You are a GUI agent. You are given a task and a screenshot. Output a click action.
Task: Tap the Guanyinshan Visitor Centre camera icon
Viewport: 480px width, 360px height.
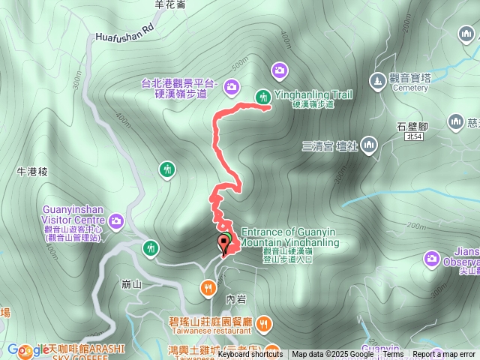click(x=116, y=220)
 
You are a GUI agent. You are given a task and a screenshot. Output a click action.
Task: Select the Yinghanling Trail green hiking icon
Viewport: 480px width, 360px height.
click(x=262, y=96)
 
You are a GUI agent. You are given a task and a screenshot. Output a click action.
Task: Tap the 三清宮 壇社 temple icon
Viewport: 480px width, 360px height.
click(x=368, y=145)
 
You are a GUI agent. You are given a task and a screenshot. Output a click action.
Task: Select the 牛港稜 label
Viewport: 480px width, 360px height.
click(x=32, y=172)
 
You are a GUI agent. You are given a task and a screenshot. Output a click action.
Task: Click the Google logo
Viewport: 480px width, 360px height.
click(x=28, y=349)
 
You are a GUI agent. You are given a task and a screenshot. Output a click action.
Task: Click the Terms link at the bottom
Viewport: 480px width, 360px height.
click(x=393, y=355)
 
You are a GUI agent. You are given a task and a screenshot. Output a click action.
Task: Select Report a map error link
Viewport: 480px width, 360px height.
click(x=444, y=355)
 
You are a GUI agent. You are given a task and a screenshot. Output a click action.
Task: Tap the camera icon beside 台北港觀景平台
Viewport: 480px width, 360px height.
click(x=232, y=87)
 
